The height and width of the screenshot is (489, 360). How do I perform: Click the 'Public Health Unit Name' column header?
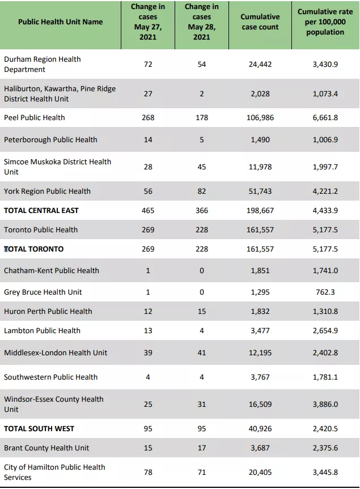[60, 22]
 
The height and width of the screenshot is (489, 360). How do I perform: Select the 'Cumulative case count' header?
[260, 22]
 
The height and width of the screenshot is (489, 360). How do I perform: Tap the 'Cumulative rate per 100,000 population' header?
[325, 22]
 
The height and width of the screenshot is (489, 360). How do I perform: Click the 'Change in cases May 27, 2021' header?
[148, 22]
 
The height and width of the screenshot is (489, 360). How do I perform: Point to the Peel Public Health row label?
[35, 117]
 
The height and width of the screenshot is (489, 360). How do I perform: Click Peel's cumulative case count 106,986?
[260, 117]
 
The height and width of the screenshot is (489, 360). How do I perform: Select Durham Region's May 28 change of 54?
[202, 64]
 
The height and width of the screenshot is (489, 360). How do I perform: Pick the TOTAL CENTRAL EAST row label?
[41, 211]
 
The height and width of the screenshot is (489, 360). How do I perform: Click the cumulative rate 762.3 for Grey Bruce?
[325, 292]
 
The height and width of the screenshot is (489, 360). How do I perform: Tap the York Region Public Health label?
[47, 191]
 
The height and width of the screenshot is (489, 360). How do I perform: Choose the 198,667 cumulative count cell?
[260, 211]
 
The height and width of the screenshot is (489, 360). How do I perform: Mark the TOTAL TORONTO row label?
[33, 249]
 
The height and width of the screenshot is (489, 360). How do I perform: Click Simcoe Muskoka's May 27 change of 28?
[148, 167]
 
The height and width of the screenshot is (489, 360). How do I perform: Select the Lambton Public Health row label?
[42, 330]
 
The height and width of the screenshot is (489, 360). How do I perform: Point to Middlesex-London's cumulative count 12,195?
[260, 352]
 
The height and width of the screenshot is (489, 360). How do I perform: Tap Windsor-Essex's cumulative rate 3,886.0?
[325, 404]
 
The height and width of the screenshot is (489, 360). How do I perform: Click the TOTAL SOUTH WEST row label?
[39, 428]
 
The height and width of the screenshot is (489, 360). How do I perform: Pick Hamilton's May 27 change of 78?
[148, 472]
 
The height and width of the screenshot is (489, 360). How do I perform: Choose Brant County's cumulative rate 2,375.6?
[325, 448]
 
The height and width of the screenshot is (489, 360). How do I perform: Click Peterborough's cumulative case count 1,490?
[260, 140]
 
